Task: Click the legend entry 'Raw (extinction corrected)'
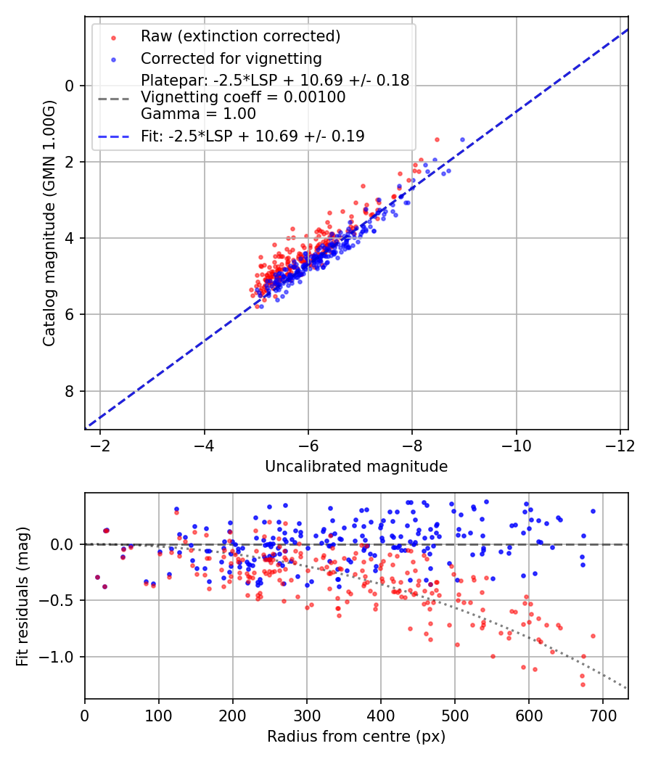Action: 240,36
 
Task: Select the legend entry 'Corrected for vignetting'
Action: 231,58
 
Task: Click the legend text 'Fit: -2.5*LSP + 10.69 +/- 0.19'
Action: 252,136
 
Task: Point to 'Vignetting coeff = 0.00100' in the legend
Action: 243,97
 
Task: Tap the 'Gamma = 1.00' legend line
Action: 198,113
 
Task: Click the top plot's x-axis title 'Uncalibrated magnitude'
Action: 356,466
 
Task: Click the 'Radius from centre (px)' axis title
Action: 356,737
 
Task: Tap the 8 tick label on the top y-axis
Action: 70,392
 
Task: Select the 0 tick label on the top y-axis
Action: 70,86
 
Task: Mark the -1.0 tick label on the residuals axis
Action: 59,657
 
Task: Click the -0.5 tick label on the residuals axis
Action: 59,601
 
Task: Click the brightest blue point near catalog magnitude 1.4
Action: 462,139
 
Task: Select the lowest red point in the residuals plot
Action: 582,684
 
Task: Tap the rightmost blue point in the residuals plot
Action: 593,511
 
